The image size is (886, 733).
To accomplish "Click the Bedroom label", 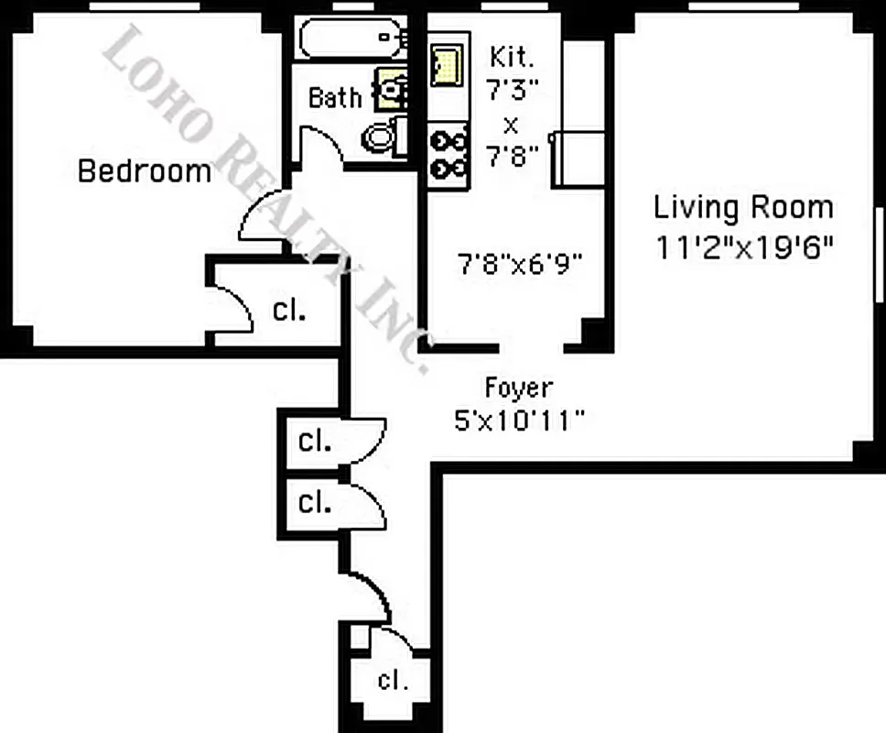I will pyautogui.click(x=144, y=170).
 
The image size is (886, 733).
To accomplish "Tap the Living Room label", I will pyautogui.click(x=743, y=207).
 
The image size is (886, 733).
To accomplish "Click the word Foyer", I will pyautogui.click(x=518, y=388).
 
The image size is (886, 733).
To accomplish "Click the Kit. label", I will pyautogui.click(x=511, y=57).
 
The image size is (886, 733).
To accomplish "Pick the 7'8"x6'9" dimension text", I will pyautogui.click(x=520, y=266).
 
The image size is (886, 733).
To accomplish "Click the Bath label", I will pyautogui.click(x=334, y=97).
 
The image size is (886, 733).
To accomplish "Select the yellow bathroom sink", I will pyautogui.click(x=393, y=90).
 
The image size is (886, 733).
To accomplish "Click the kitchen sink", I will pyautogui.click(x=447, y=66).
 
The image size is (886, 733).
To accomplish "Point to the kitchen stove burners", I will pyautogui.click(x=448, y=155).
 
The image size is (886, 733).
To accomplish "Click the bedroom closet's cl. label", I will pyautogui.click(x=289, y=310).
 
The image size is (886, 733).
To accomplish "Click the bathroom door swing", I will pyautogui.click(x=319, y=147).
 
